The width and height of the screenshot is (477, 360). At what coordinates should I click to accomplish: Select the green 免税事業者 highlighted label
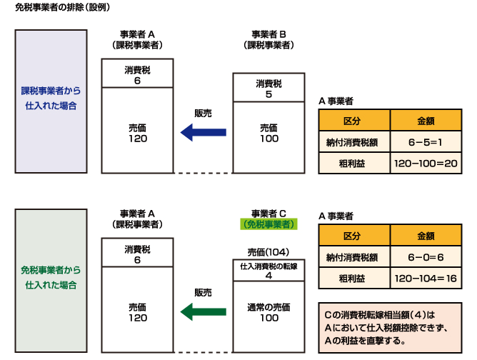click(x=269, y=224)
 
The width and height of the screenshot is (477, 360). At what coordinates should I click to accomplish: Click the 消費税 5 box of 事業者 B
click(x=269, y=89)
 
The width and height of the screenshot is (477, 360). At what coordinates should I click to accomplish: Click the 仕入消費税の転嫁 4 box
click(x=269, y=271)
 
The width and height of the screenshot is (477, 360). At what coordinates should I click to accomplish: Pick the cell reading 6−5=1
click(x=427, y=142)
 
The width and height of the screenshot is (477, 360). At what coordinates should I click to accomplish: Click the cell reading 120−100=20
click(x=427, y=164)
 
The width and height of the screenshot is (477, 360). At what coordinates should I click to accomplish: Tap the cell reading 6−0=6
click(x=427, y=257)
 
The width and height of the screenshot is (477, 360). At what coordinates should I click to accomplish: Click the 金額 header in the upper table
click(x=427, y=120)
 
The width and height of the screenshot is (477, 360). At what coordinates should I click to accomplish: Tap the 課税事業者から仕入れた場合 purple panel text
click(x=50, y=99)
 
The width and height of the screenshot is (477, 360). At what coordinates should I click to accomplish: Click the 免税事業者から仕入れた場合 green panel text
click(x=50, y=279)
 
